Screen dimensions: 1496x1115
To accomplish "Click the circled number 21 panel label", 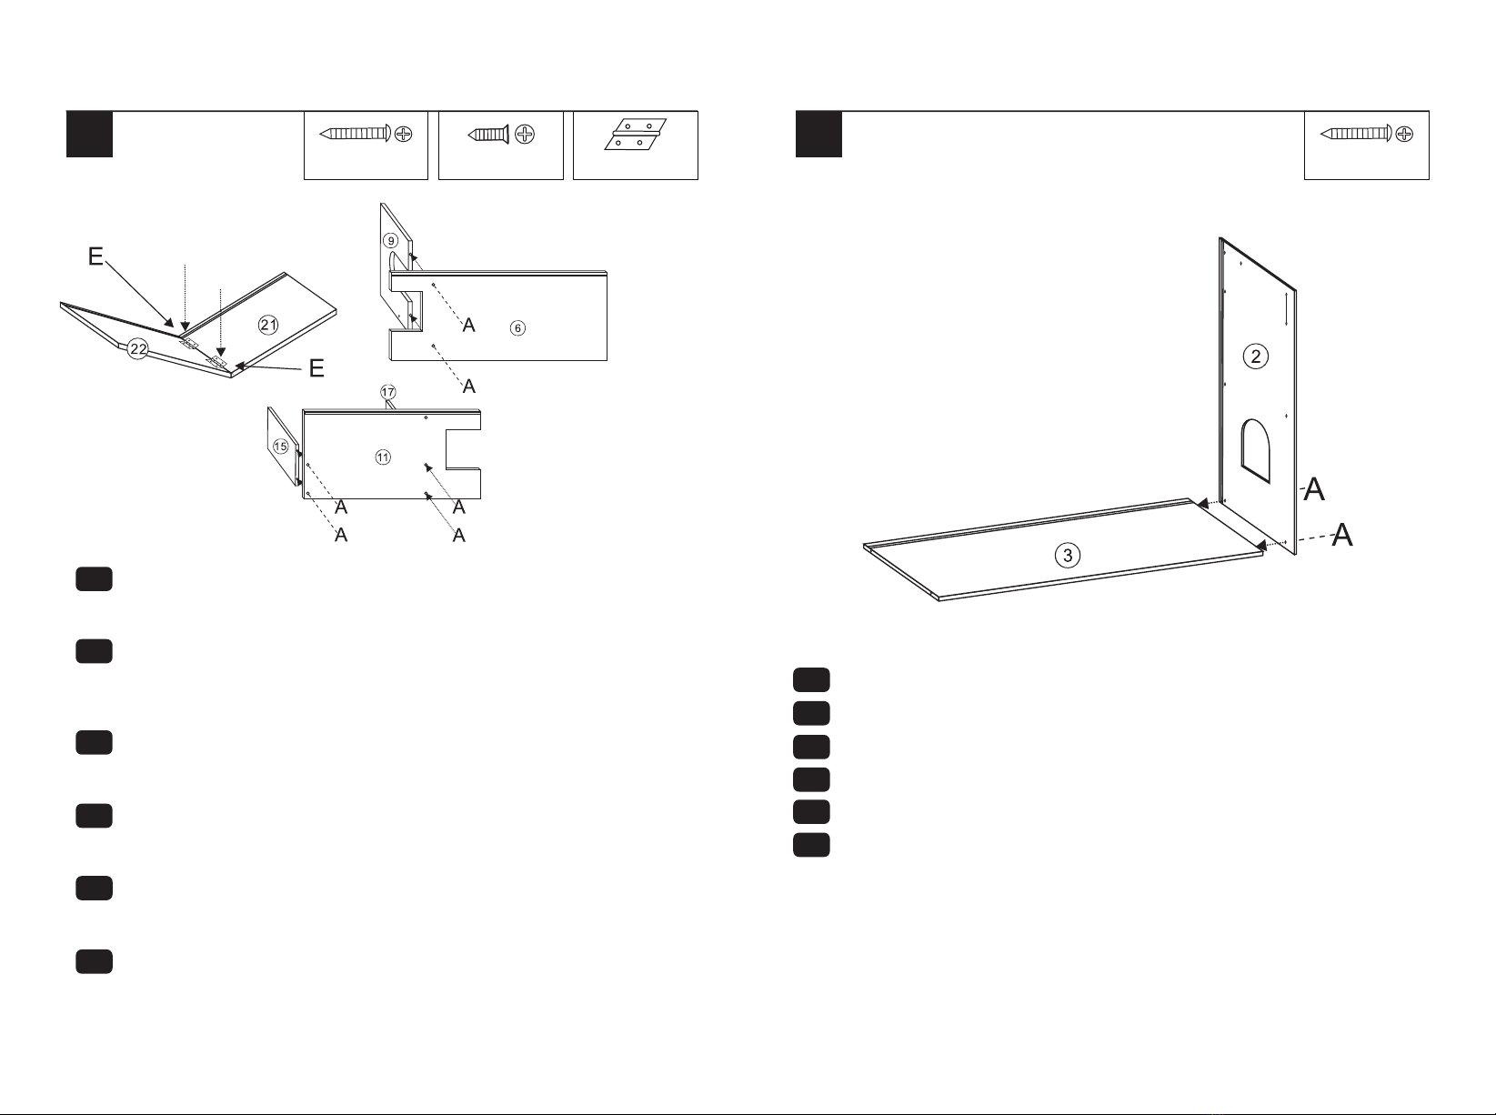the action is click(268, 325).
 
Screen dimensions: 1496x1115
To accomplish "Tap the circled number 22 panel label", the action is click(138, 349).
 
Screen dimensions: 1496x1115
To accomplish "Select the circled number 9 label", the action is click(390, 241).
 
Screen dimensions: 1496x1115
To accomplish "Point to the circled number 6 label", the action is click(518, 328).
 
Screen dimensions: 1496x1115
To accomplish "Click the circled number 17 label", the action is click(387, 392).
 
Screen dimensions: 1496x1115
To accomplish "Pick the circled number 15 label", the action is click(281, 447).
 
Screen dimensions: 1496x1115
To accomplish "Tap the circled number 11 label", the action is click(383, 457).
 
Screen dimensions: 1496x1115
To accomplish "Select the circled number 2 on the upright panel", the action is click(1255, 357).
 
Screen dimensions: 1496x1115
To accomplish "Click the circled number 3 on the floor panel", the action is click(1068, 556).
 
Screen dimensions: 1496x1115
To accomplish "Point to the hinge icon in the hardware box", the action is click(635, 135).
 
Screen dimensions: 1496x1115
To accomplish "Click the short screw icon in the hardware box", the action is click(500, 135).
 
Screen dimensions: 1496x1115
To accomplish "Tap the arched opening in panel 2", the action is click(1256, 450).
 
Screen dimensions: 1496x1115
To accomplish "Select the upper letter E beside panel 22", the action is click(95, 256).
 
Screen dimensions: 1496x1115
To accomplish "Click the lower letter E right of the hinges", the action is click(316, 368).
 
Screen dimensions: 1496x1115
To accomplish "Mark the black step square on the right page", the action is click(818, 135).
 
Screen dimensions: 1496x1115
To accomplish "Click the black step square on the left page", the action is click(89, 135).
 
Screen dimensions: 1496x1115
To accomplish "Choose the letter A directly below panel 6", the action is click(469, 387).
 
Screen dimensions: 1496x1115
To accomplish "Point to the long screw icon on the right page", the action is click(1366, 134).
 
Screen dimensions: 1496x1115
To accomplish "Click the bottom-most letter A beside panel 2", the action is click(1342, 535).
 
